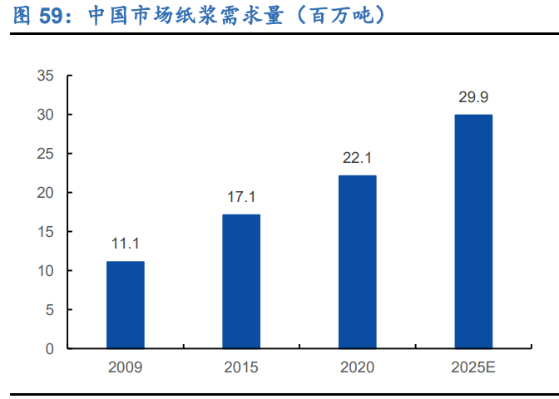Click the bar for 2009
click(125, 305)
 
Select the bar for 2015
click(241, 282)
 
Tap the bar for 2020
click(357, 262)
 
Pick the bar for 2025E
click(472, 232)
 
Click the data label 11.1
click(125, 244)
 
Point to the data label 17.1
click(241, 197)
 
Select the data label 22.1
click(357, 158)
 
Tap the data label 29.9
click(472, 97)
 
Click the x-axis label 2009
click(125, 367)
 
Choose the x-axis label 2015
click(241, 367)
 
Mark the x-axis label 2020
click(357, 367)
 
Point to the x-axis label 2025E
click(472, 367)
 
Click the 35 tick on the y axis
click(46, 76)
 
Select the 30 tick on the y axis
click(46, 115)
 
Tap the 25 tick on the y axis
click(46, 154)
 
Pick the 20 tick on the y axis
click(46, 193)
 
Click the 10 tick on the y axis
click(46, 271)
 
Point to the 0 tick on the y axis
click(49, 349)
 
